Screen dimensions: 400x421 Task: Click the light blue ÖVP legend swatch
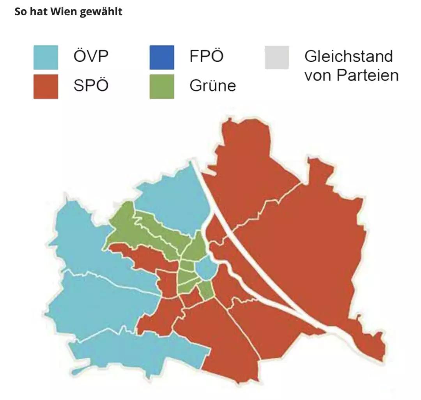(x=46, y=57)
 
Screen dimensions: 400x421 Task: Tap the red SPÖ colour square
(x=46, y=86)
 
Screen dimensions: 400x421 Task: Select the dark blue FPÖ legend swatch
(x=162, y=57)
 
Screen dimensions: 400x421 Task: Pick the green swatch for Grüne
(x=162, y=86)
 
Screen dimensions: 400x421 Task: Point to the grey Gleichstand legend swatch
(x=277, y=57)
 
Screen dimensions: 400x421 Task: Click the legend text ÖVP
(x=91, y=57)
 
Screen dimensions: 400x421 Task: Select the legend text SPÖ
(x=91, y=85)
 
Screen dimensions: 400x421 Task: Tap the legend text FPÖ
(x=207, y=57)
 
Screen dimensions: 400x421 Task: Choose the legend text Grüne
(x=212, y=85)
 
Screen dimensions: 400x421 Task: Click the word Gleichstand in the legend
(x=348, y=57)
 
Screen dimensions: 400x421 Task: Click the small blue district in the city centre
(x=205, y=269)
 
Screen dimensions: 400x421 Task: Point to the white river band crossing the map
(x=249, y=249)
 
